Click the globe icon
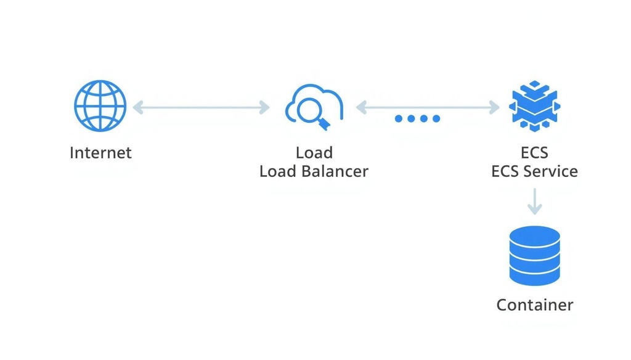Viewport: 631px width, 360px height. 100,106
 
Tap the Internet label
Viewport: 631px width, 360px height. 100,153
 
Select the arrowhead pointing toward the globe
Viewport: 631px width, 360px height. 138,107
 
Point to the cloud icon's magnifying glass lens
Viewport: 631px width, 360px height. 309,110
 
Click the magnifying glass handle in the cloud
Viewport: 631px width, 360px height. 324,124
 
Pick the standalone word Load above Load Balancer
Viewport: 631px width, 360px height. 314,153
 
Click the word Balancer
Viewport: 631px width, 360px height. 335,171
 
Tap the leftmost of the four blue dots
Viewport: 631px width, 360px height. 399,118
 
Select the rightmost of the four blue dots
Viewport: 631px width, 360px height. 436,118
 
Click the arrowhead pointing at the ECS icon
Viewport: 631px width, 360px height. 494,107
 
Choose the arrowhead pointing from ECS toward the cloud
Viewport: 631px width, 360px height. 361,107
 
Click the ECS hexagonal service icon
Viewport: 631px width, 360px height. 534,106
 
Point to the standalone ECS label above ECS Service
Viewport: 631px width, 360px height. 534,153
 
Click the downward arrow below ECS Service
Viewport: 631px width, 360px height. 534,202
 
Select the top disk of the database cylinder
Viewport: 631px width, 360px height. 534,236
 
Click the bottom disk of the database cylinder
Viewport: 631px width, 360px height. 534,276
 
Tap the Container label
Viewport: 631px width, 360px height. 535,305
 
